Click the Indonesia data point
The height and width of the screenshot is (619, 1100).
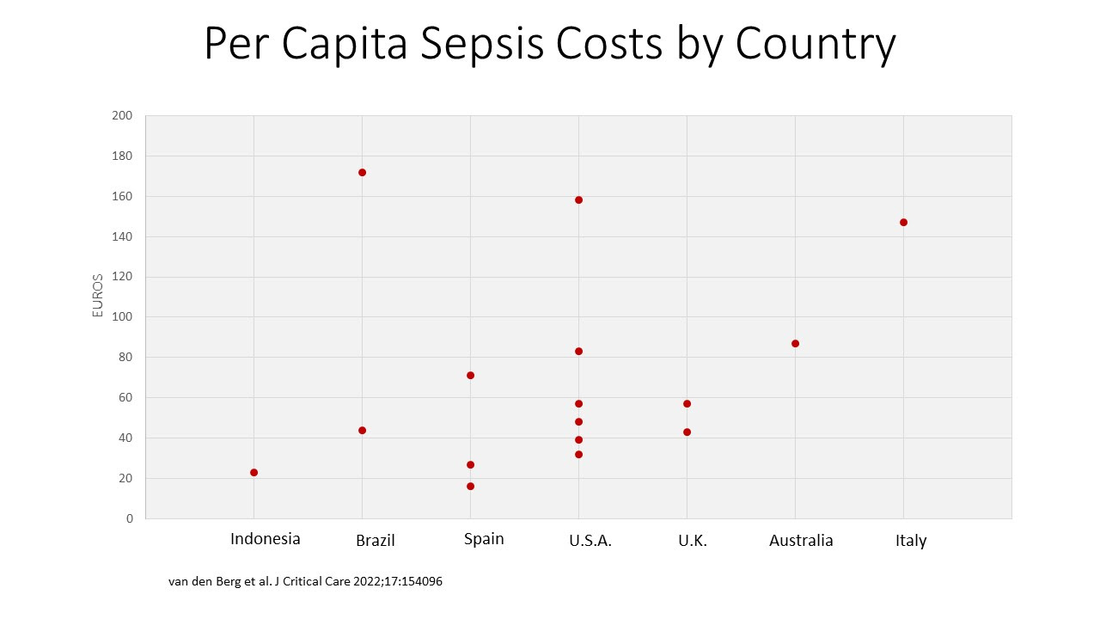(x=254, y=472)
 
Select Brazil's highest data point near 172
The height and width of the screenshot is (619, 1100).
(x=363, y=172)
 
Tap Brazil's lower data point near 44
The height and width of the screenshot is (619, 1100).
(x=363, y=430)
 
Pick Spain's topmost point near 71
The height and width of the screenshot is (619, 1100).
(x=471, y=375)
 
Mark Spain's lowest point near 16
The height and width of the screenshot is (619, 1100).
(x=471, y=486)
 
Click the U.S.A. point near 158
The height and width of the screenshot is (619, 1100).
(x=579, y=199)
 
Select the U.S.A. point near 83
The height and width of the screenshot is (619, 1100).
(x=579, y=351)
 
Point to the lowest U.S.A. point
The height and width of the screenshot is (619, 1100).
(x=579, y=454)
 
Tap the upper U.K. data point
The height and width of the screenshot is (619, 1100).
(x=687, y=403)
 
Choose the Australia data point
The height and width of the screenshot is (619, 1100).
(x=796, y=343)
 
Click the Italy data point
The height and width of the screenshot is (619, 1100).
(x=904, y=222)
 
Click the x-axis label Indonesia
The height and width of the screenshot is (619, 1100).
(x=266, y=539)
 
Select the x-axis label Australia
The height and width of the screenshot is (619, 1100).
(x=801, y=541)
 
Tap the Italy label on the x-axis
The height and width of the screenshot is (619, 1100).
(x=911, y=541)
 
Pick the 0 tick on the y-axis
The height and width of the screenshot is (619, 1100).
(x=130, y=518)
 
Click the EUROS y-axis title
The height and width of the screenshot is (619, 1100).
(x=98, y=296)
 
